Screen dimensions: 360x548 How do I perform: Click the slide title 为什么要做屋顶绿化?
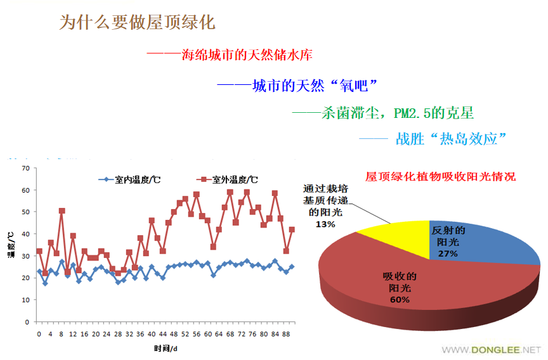tap(137, 23)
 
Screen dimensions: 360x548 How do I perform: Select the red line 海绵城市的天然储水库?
tap(230, 55)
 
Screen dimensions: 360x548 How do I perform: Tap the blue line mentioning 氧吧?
tap(297, 86)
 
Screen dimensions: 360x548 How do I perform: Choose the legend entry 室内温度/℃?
tap(129, 179)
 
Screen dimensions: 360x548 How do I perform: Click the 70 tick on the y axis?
tap(25, 168)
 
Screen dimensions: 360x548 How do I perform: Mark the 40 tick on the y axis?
tap(25, 234)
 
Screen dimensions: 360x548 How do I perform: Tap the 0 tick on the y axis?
tap(27, 322)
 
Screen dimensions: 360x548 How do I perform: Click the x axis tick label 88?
tap(287, 333)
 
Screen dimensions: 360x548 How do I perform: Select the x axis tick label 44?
tap(163, 333)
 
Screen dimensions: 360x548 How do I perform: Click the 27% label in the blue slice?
tap(448, 254)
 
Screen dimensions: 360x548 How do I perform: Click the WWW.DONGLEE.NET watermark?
tap(492, 349)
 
